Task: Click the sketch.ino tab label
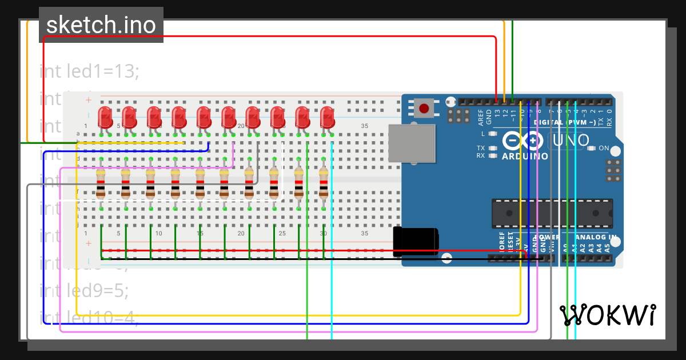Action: pyautogui.click(x=101, y=25)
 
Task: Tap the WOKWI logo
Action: pyautogui.click(x=607, y=315)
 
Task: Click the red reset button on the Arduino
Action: pyautogui.click(x=424, y=108)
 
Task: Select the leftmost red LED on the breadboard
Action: pyautogui.click(x=105, y=117)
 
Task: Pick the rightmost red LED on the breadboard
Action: pyautogui.click(x=327, y=117)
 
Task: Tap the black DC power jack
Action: pyautogui.click(x=416, y=241)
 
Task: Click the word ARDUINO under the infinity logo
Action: pyautogui.click(x=525, y=156)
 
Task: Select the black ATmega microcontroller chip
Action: pyautogui.click(x=552, y=213)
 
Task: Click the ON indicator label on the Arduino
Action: pyautogui.click(x=604, y=149)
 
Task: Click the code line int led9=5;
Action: pyautogui.click(x=84, y=290)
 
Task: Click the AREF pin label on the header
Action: pyautogui.click(x=481, y=117)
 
